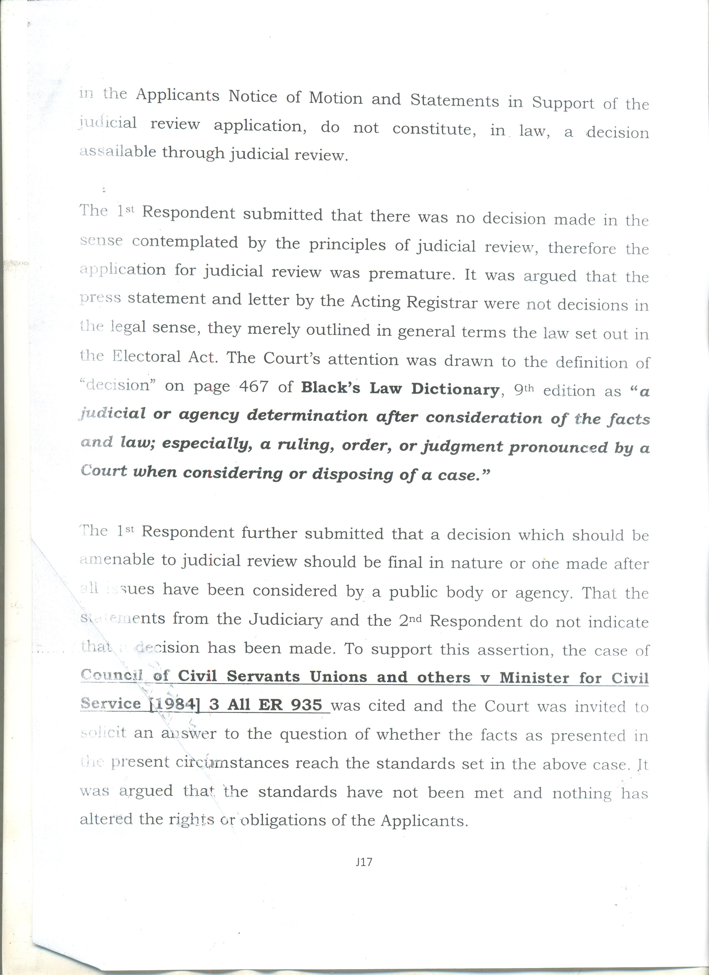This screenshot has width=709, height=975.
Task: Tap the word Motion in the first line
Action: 336,98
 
